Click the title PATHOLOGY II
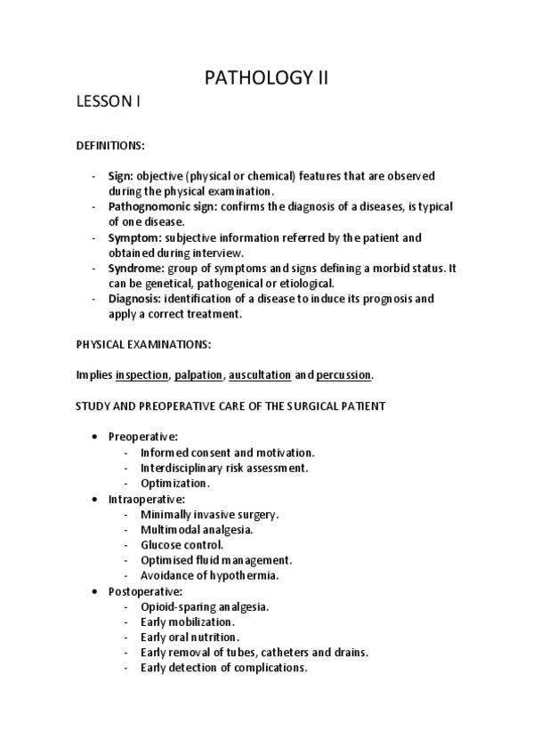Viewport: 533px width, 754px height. click(266, 78)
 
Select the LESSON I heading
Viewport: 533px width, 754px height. click(108, 103)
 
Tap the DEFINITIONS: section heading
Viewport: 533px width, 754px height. click(109, 144)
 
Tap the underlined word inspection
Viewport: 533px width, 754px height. click(141, 375)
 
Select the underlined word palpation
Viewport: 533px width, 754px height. click(198, 375)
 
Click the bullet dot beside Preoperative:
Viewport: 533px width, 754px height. click(95, 437)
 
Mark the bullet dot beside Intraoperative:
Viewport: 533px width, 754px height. click(95, 500)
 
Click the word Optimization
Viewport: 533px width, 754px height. click(174, 484)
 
